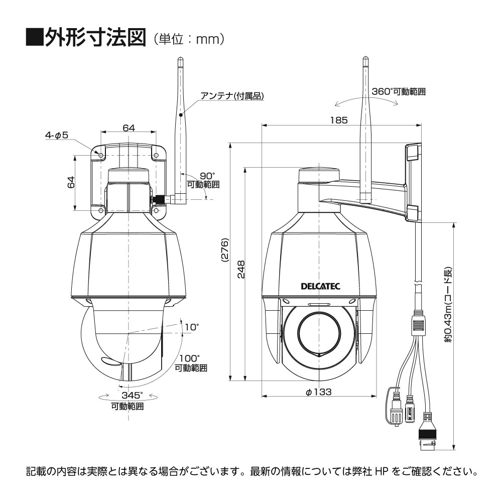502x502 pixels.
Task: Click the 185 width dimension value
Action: [x=339, y=120]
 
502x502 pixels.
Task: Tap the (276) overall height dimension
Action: [x=225, y=250]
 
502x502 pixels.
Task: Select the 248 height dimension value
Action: [x=241, y=269]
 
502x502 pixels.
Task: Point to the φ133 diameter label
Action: [x=318, y=392]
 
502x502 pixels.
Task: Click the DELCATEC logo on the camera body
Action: [x=320, y=286]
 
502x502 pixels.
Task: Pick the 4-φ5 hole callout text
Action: [x=57, y=135]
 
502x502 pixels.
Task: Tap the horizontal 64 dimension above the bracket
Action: [x=129, y=128]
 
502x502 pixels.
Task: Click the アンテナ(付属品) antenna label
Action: [x=232, y=96]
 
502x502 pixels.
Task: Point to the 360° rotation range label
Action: [x=398, y=91]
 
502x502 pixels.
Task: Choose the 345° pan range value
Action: [x=132, y=395]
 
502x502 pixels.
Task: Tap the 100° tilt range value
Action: [x=190, y=358]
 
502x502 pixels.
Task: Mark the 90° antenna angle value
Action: [x=207, y=176]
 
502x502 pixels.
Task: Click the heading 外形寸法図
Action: [x=95, y=38]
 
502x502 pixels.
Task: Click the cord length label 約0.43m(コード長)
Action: [x=448, y=305]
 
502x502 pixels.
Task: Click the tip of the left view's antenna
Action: [x=180, y=57]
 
